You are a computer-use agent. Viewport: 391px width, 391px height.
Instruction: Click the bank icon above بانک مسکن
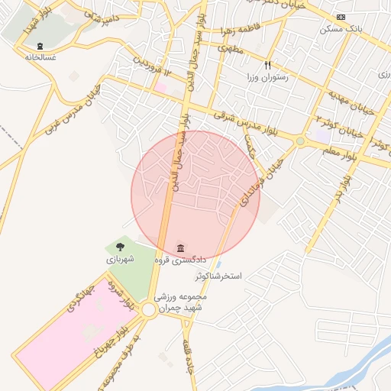click(341, 18)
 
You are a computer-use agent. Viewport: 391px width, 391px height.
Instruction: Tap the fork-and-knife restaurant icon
click(267, 66)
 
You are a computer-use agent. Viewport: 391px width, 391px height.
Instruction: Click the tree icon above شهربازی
click(120, 246)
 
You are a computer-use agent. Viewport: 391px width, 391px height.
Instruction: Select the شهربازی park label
click(120, 259)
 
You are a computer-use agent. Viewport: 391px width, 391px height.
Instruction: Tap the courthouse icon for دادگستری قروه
click(180, 248)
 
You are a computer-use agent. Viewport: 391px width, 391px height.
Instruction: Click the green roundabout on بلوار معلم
click(300, 141)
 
